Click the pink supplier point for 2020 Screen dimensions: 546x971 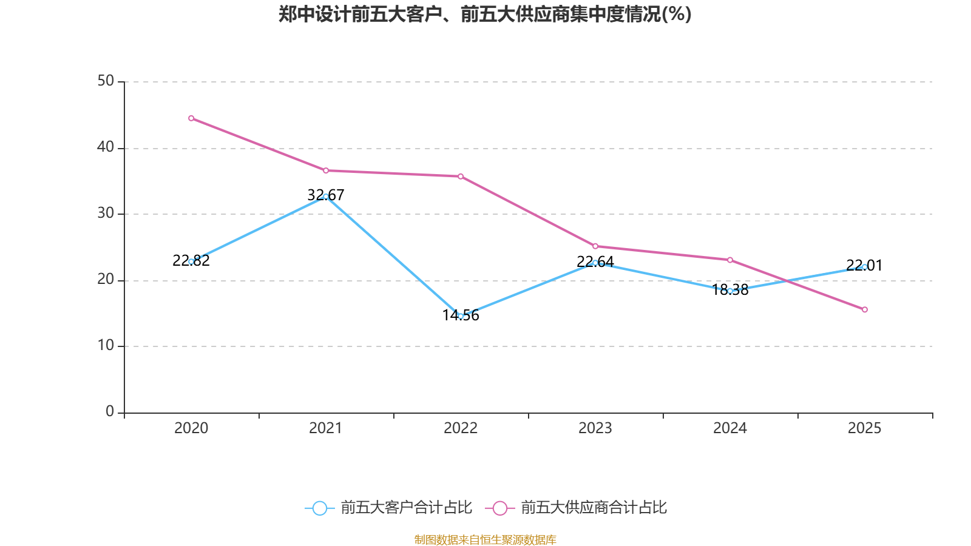click(191, 118)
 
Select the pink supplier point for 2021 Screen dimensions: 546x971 click(326, 170)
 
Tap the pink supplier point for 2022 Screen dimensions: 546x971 click(461, 177)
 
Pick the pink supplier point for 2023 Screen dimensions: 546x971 click(595, 246)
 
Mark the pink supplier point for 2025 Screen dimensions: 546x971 click(865, 310)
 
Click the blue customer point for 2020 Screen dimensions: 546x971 click(191, 261)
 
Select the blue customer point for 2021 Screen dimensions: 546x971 click(326, 197)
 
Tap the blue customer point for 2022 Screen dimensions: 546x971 click(461, 316)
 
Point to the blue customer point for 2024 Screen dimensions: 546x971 click(730, 291)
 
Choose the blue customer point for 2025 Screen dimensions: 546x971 click(865, 267)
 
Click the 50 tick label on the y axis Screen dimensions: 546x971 click(106, 81)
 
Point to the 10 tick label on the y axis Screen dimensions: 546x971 click(106, 346)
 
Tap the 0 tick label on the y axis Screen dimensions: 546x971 click(110, 412)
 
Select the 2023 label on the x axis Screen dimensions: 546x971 click(595, 428)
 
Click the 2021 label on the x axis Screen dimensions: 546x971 click(326, 428)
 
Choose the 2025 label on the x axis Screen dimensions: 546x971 click(865, 428)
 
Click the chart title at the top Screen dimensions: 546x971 click(485, 14)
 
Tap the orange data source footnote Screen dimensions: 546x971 click(485, 539)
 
